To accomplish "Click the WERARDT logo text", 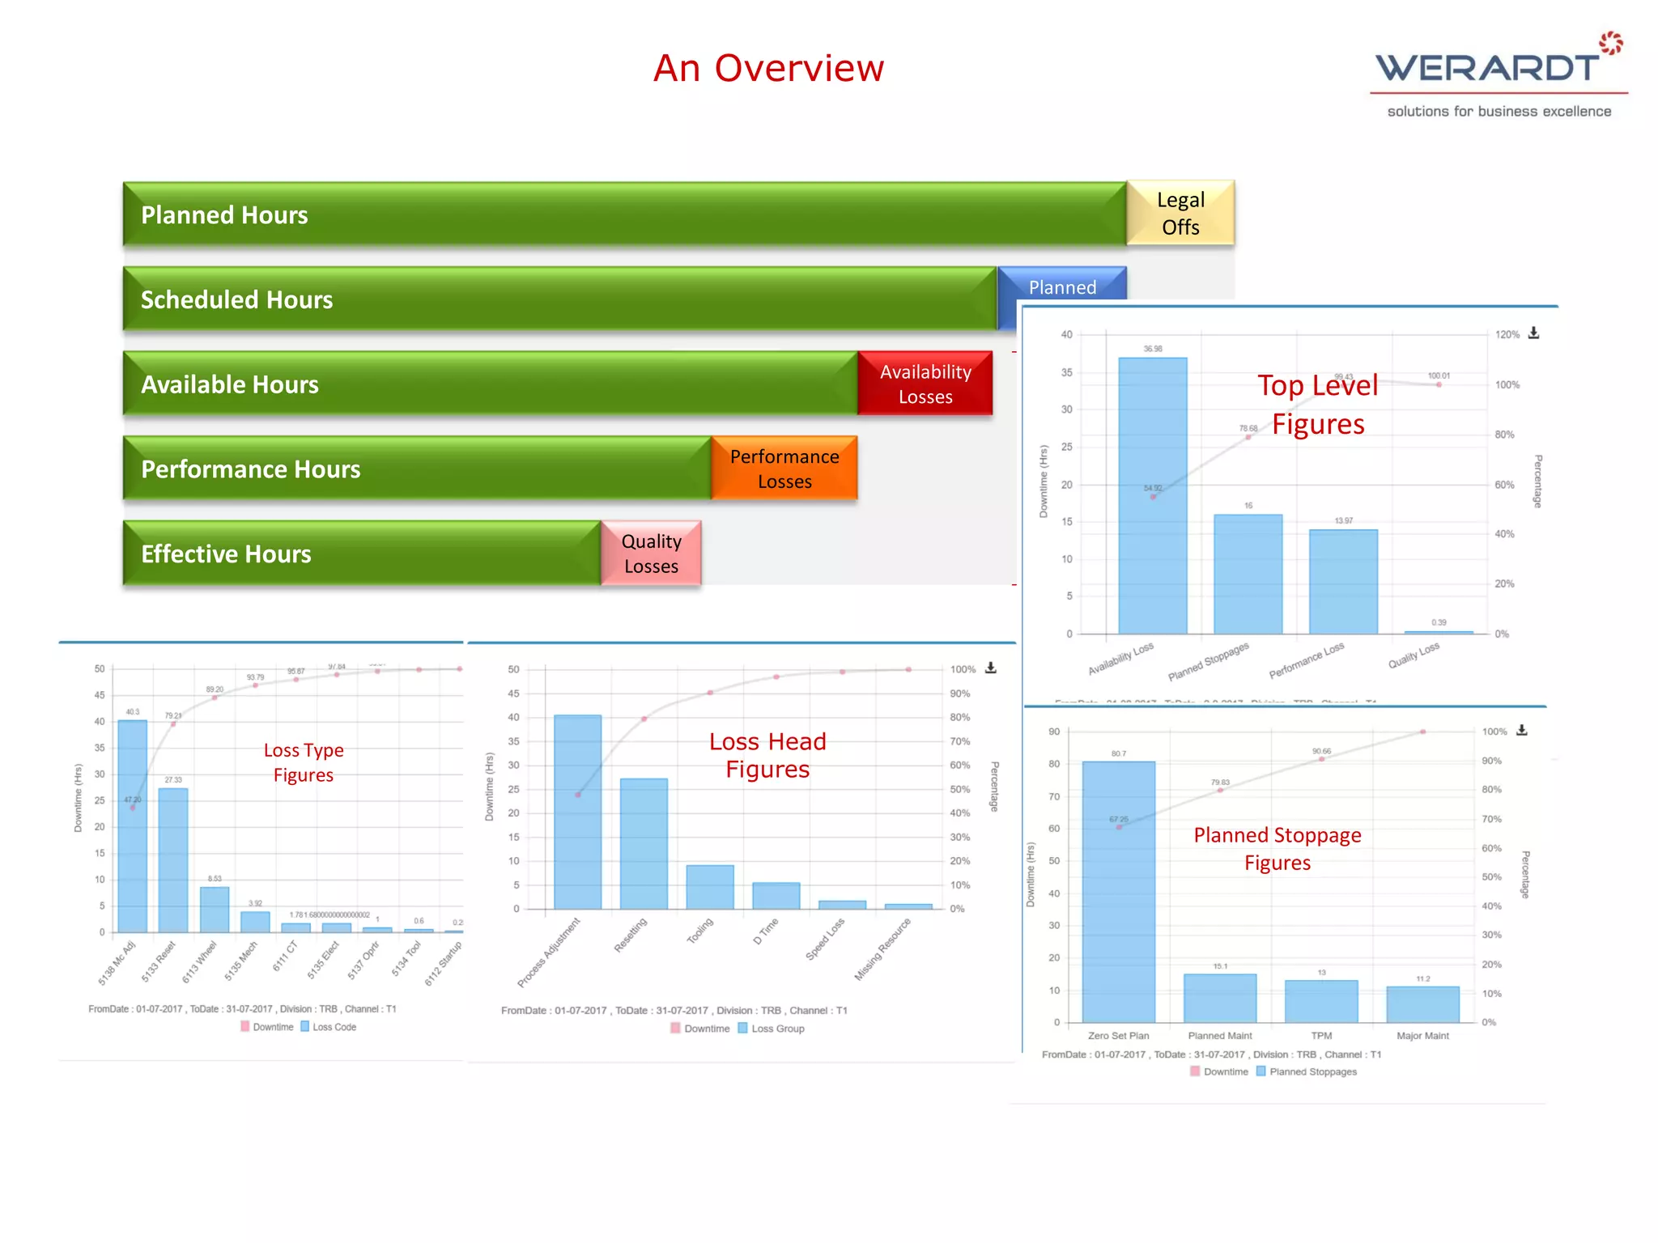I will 1487,68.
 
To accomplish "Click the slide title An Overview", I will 768,68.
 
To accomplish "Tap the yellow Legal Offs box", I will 1180,214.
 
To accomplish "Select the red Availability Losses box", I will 925,384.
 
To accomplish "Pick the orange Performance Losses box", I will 784,469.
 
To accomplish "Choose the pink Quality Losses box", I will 651,554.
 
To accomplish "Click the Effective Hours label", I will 226,554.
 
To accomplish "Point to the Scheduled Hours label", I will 236,300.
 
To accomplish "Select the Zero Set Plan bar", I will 1118,890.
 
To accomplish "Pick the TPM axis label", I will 1321,1036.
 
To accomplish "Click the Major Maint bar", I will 1422,1004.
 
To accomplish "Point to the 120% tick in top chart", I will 1507,335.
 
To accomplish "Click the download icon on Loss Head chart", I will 990,668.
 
